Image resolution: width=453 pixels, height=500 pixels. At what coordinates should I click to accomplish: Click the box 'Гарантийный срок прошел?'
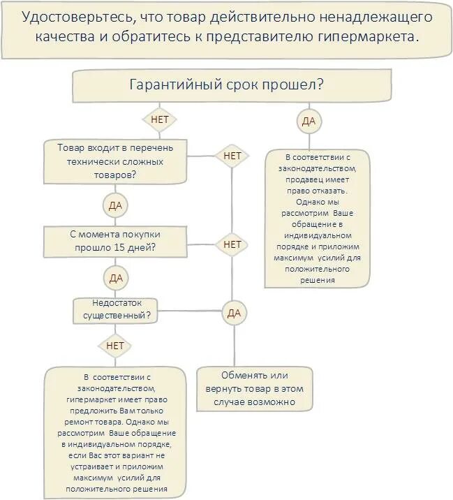click(x=226, y=87)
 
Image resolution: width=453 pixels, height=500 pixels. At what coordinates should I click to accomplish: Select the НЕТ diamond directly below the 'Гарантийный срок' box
click(x=159, y=119)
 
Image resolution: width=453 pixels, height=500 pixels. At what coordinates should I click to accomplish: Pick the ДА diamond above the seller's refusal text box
click(x=308, y=122)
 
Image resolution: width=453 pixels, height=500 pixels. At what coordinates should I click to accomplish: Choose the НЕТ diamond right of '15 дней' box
click(x=232, y=244)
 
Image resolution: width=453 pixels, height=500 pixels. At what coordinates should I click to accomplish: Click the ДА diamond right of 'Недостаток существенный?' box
click(x=233, y=314)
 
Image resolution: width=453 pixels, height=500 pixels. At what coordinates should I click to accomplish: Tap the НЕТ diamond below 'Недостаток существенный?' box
click(x=116, y=346)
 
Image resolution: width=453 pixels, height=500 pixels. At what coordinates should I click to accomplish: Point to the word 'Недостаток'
click(x=116, y=302)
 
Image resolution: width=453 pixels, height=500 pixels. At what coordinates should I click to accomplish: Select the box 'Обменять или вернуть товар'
click(x=255, y=388)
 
